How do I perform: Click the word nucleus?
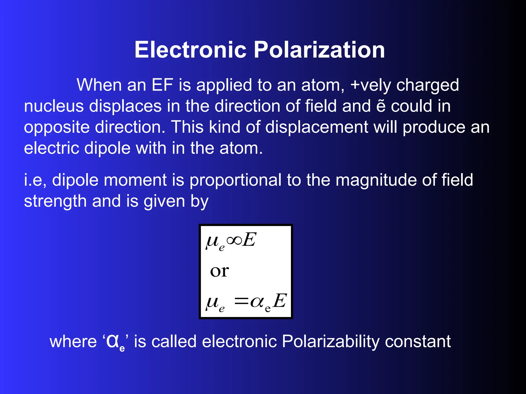[54, 106]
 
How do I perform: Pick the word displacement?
[316, 127]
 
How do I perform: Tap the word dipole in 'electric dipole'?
[107, 148]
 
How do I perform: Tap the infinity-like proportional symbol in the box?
[234, 240]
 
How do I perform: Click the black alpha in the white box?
[257, 302]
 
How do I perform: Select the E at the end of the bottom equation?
[280, 301]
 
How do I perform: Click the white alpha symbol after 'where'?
[112, 341]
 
